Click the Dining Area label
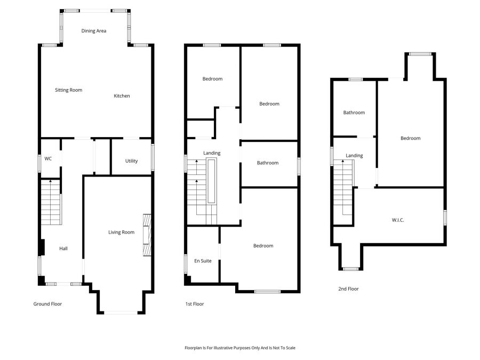[x=94, y=31]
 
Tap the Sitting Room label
[x=69, y=90]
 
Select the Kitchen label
[x=122, y=96]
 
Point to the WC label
[x=48, y=159]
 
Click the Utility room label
[x=131, y=161]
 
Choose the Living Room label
[x=121, y=232]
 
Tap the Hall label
[x=63, y=249]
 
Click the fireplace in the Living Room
[x=147, y=235]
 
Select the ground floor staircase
[x=51, y=203]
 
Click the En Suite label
[x=203, y=261]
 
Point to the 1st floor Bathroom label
[x=268, y=163]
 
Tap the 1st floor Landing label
[x=212, y=153]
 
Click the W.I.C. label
[x=398, y=220]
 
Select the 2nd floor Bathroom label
[x=354, y=113]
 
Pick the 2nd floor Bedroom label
[x=411, y=138]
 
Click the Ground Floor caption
[x=48, y=304]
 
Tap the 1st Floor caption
[x=195, y=304]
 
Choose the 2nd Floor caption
[x=348, y=289]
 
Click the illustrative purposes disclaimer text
[x=239, y=348]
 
